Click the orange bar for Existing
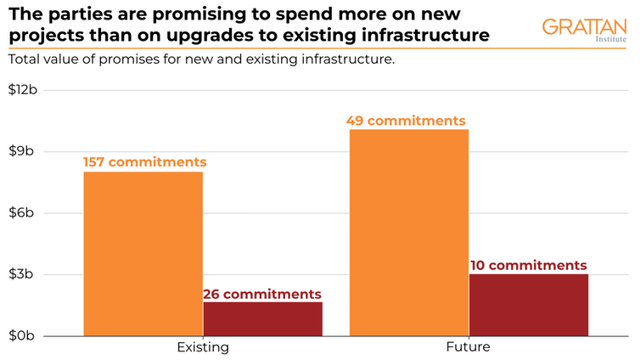click(x=143, y=253)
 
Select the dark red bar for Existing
click(x=262, y=318)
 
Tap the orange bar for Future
click(x=408, y=232)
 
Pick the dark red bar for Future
click(x=528, y=304)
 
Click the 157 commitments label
click(x=144, y=161)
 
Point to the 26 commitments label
click(x=261, y=294)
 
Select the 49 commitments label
click(x=406, y=121)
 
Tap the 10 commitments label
click(x=527, y=265)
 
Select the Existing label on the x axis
click(x=202, y=348)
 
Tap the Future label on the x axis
click(x=468, y=348)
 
